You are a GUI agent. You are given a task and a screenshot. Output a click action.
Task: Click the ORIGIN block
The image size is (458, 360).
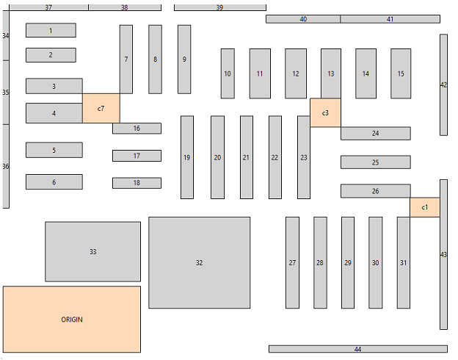point(71,319)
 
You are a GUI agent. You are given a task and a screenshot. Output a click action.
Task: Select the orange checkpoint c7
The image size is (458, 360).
point(101,109)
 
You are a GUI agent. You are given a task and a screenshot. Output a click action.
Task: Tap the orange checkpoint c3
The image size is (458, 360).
point(325,112)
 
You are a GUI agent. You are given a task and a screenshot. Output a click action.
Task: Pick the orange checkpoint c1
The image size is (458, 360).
point(424,207)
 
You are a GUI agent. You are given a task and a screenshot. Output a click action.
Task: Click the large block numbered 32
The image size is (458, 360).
point(199,262)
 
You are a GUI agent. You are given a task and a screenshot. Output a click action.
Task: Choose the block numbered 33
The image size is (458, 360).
point(92,251)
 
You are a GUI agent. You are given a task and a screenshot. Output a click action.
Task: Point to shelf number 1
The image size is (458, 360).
point(51,30)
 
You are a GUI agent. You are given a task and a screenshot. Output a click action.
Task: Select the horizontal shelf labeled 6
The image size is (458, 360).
point(54,182)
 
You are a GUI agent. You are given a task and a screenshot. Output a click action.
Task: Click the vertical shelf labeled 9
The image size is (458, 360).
point(184,60)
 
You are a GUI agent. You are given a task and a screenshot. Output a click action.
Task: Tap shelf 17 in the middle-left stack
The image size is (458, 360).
point(137,156)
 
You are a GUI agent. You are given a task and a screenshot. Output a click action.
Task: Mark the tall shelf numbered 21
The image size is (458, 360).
point(246,157)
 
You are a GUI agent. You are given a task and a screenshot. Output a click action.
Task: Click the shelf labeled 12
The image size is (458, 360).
point(295,73)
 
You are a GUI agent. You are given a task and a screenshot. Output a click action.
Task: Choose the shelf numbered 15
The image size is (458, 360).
point(400,73)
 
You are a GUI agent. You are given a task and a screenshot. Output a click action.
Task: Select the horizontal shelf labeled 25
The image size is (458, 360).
point(375,162)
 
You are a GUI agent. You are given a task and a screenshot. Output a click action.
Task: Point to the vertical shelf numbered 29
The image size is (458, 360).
point(347,262)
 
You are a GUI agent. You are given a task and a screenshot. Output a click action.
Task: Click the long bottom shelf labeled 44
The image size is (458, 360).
point(357,349)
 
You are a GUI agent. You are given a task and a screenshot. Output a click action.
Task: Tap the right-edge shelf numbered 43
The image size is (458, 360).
point(443,254)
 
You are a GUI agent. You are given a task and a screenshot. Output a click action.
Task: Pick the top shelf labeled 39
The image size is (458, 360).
point(219,7)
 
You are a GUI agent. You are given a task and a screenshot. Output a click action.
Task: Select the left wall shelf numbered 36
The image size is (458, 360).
point(6,166)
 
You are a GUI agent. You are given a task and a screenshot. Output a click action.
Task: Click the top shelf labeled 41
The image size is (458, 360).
point(390,19)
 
